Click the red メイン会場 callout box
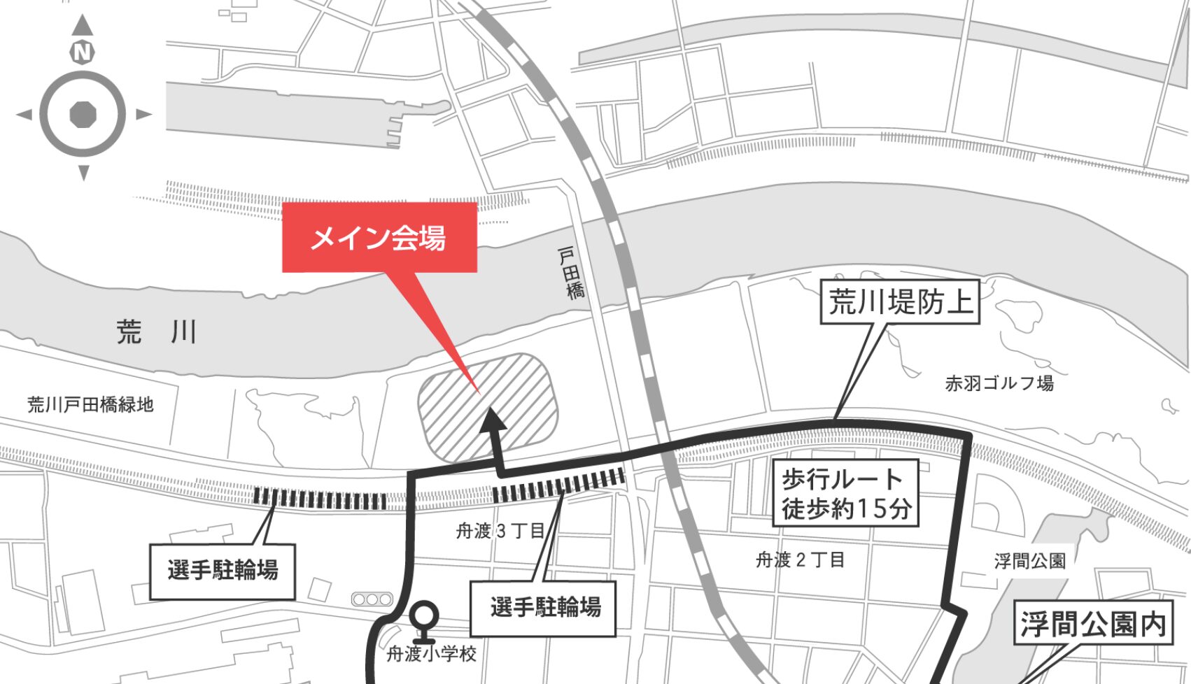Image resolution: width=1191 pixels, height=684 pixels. click(x=379, y=238)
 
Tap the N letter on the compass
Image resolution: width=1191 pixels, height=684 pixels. click(x=83, y=52)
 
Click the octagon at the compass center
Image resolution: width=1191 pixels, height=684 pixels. click(x=83, y=114)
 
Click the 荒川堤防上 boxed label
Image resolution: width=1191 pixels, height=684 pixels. click(x=901, y=303)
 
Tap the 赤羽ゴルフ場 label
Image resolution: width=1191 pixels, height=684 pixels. click(x=999, y=383)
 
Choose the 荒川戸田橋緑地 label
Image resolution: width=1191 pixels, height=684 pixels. click(x=90, y=404)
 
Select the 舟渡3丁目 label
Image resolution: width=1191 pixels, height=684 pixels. click(x=500, y=531)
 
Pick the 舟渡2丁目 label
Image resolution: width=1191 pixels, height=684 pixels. click(x=800, y=560)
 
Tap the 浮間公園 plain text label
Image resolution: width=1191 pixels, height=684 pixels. click(x=1029, y=560)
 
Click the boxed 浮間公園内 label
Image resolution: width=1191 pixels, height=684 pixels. click(x=1093, y=623)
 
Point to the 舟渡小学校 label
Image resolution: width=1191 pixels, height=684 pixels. click(x=432, y=654)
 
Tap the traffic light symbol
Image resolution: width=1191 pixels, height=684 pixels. click(x=372, y=599)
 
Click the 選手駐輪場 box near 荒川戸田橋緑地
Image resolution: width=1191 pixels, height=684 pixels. click(x=223, y=571)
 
